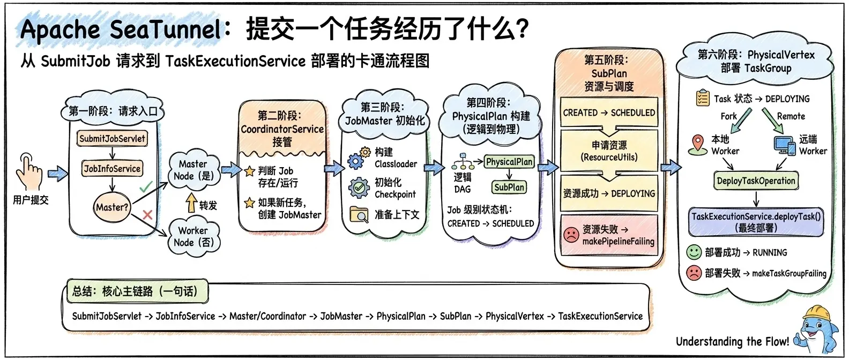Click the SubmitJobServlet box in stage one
tap(112, 138)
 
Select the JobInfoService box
tap(112, 168)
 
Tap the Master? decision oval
tap(112, 207)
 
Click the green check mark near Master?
tap(146, 186)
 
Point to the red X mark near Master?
tap(147, 215)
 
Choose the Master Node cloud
tap(194, 170)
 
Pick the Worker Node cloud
tap(193, 236)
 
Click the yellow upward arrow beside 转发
tap(192, 202)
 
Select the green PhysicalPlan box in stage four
tap(509, 162)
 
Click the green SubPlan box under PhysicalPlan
tap(509, 187)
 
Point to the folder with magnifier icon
tap(359, 214)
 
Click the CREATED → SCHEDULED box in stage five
tap(609, 112)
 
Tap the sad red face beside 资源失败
tap(571, 235)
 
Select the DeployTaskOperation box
tap(756, 181)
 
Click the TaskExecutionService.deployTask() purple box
tap(756, 222)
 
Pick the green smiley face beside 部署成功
tap(694, 252)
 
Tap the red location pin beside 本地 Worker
tap(698, 145)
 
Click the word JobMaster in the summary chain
tap(341, 316)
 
